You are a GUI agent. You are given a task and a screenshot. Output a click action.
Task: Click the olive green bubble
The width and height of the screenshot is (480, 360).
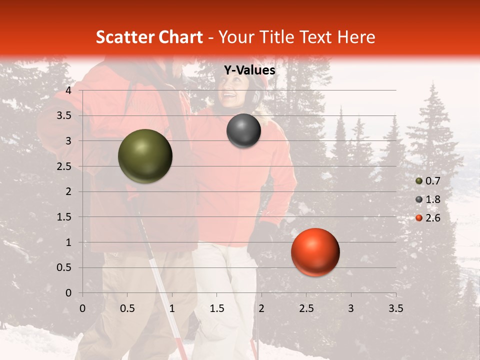point(145,156)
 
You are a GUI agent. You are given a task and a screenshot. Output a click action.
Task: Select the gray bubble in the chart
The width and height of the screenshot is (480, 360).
point(243,130)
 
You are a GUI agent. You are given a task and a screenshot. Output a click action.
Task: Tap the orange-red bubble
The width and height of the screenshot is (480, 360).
point(315,252)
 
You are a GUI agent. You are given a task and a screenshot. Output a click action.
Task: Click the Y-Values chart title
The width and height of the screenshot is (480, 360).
point(249,70)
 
